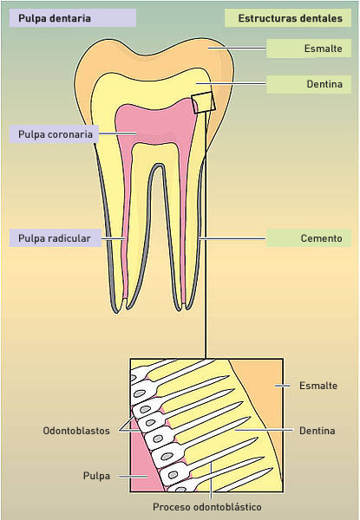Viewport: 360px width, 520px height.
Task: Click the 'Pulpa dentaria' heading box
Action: tap(72, 18)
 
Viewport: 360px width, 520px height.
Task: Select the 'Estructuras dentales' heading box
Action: tap(288, 18)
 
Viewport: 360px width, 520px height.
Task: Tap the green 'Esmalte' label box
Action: tap(309, 49)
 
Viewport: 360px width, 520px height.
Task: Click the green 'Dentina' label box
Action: tap(309, 84)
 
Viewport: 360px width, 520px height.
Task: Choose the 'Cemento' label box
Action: tap(309, 238)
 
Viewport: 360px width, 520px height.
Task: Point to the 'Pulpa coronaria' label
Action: tap(54, 134)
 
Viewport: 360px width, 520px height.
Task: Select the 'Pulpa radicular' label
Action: tap(55, 238)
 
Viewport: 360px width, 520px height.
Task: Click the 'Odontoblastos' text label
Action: tap(76, 431)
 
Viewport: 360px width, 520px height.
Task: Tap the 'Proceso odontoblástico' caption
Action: tap(207, 507)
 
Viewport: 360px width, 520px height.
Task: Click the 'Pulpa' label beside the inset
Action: tap(96, 476)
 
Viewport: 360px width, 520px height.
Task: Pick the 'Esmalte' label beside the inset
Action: tap(318, 386)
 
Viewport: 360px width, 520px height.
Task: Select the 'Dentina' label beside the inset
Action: tap(317, 431)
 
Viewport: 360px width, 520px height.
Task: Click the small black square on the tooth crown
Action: tap(203, 102)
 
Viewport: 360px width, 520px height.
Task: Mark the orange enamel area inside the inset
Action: tap(262, 398)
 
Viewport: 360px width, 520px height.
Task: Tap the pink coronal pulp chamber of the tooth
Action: tap(156, 123)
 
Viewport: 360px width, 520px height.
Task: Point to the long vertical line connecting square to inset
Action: tap(206, 235)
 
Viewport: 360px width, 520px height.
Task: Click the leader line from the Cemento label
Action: tap(232, 238)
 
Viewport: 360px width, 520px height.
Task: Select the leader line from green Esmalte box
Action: tap(237, 48)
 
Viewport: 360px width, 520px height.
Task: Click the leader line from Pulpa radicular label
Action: tap(113, 238)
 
